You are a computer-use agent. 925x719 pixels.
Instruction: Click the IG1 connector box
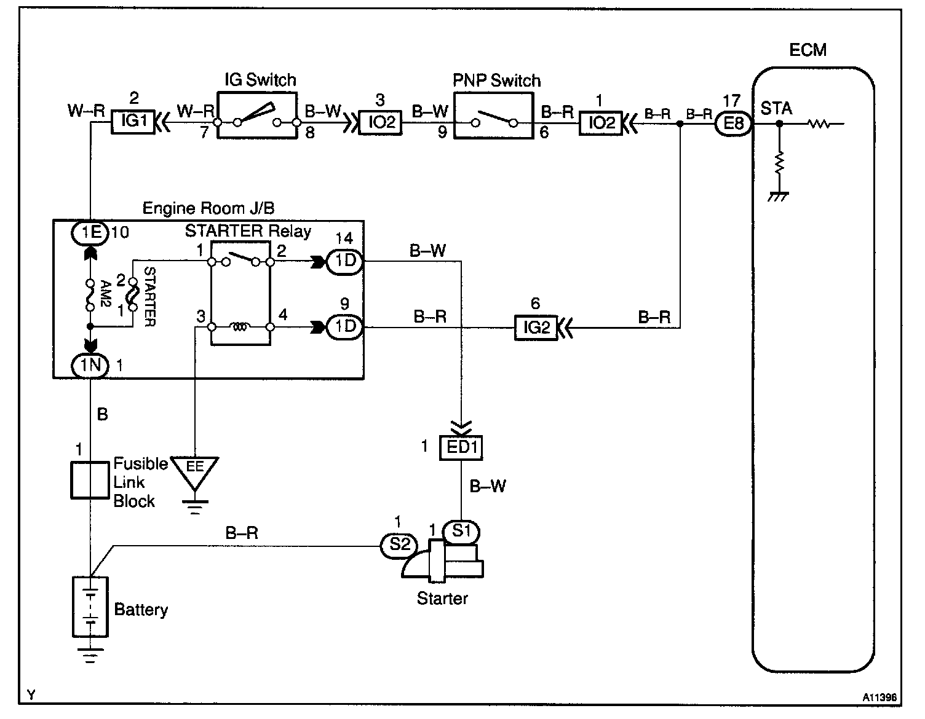pyautogui.click(x=133, y=122)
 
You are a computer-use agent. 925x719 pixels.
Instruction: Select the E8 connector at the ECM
pyautogui.click(x=733, y=124)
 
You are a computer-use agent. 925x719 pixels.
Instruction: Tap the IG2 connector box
pyautogui.click(x=536, y=328)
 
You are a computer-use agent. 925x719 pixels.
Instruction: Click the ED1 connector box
pyautogui.click(x=461, y=447)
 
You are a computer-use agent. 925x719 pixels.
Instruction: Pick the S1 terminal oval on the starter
pyautogui.click(x=461, y=532)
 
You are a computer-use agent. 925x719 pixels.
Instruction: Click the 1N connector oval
pyautogui.click(x=90, y=365)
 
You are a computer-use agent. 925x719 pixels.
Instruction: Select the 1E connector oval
pyautogui.click(x=90, y=233)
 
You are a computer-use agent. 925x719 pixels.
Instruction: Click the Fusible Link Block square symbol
pyautogui.click(x=90, y=480)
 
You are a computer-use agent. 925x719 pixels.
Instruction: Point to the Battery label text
pyautogui.click(x=141, y=610)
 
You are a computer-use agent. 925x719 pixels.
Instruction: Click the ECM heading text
pyautogui.click(x=808, y=50)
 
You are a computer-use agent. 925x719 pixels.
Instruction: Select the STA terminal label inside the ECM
pyautogui.click(x=776, y=108)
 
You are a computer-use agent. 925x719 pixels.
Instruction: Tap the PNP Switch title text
pyautogui.click(x=496, y=81)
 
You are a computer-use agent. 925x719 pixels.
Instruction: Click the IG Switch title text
pyautogui.click(x=260, y=79)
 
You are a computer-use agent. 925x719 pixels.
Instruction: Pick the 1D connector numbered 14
pyautogui.click(x=344, y=262)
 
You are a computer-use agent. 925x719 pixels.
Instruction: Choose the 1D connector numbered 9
pyautogui.click(x=344, y=327)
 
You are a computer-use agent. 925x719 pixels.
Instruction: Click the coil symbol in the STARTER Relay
pyautogui.click(x=240, y=326)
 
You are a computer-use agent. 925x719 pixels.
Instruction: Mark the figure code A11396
pyautogui.click(x=879, y=697)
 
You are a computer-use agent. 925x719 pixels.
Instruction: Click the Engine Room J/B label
pyautogui.click(x=208, y=208)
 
